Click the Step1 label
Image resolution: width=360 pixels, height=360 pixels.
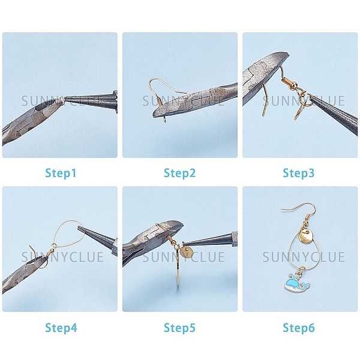coord(61,173)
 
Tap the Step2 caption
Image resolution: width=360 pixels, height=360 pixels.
coord(179,173)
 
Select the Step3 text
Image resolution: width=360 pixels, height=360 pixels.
coord(298,173)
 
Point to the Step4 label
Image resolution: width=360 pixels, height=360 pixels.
coord(61,328)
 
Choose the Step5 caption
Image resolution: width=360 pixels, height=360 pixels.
coord(179,328)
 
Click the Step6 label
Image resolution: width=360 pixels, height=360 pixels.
coord(299,328)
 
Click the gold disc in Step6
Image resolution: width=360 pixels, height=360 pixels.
coord(305,237)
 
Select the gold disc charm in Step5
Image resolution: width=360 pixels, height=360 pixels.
coord(187,252)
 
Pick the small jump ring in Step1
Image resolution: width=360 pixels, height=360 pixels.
coord(59,100)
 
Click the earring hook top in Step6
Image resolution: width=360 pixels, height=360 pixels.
coord(298,208)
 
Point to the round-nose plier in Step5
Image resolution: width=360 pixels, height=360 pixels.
coord(210,239)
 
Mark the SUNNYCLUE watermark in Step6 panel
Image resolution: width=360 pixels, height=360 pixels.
coord(303,257)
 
